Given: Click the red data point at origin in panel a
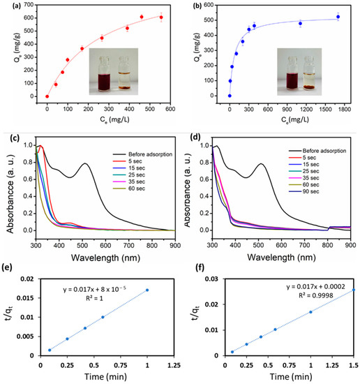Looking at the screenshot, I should pos(47,96).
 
